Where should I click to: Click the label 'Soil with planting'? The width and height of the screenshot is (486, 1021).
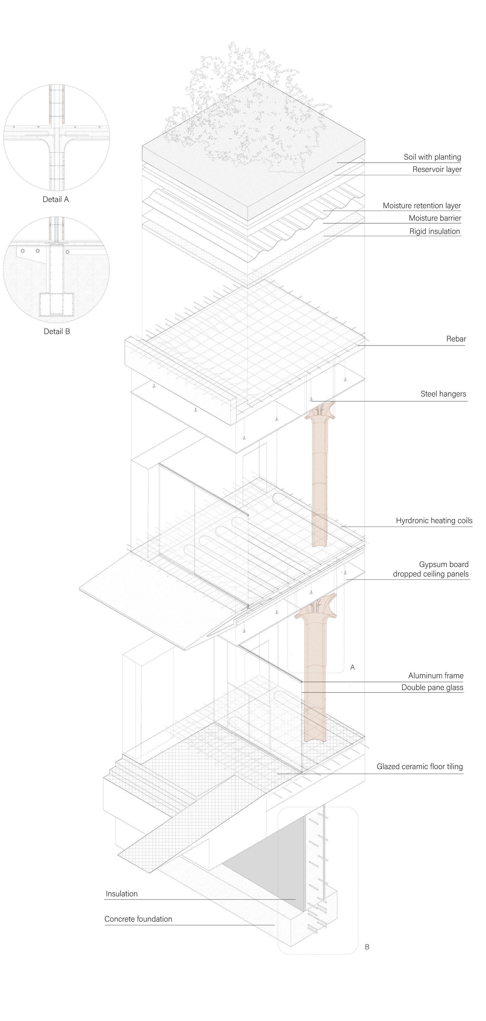(x=432, y=157)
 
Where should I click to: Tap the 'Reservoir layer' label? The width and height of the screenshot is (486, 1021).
(x=437, y=170)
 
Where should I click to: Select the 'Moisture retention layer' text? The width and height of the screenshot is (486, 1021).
(x=422, y=206)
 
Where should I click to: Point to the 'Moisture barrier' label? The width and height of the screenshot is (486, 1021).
(x=435, y=218)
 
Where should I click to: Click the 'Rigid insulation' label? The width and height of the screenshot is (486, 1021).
(x=434, y=231)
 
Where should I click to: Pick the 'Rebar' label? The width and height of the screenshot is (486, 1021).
(x=456, y=339)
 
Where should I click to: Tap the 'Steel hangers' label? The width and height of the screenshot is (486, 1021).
(x=443, y=394)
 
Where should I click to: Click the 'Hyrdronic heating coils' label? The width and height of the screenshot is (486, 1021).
(x=434, y=520)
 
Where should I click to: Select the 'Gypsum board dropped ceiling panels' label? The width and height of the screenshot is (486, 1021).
(x=431, y=569)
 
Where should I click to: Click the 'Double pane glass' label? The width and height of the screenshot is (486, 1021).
(x=432, y=688)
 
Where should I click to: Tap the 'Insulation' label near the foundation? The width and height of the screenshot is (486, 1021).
(x=122, y=894)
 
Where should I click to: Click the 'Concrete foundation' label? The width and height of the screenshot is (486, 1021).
(x=138, y=919)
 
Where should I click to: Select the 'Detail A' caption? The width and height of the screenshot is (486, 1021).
(x=55, y=199)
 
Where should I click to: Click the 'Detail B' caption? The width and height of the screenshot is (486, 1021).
(x=57, y=332)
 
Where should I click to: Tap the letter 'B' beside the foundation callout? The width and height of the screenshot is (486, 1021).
(x=367, y=947)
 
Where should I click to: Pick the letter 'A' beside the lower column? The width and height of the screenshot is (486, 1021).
(x=353, y=667)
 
